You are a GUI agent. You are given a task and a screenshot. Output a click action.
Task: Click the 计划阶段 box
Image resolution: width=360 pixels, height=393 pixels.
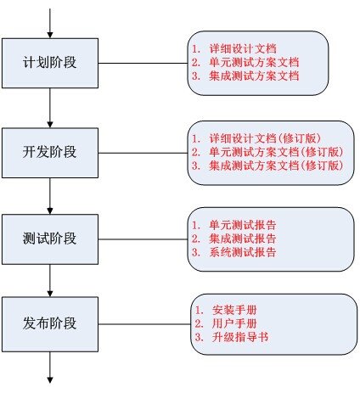coord(50,63)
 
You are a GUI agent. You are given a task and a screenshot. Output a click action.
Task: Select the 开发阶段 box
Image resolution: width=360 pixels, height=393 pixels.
coord(50,153)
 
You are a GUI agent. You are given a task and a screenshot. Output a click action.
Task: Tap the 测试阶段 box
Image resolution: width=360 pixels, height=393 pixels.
coord(50,239)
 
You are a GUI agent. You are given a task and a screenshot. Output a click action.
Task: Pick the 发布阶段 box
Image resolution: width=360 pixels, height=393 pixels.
coord(50,324)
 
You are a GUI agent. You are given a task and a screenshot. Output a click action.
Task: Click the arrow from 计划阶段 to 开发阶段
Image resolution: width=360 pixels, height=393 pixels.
coord(50,108)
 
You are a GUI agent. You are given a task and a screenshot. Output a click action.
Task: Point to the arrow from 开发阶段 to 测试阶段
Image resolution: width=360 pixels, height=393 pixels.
coord(50,196)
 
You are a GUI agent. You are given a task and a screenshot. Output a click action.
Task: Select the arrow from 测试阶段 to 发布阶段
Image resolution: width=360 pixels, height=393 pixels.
coord(50,281)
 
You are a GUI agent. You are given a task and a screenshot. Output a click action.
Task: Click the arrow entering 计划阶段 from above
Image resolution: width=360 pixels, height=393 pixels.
coord(50,23)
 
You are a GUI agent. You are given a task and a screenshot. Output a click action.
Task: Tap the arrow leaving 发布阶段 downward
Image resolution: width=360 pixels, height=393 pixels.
coord(50,368)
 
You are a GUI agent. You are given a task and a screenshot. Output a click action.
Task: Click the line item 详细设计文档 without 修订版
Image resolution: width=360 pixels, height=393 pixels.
coord(234,48)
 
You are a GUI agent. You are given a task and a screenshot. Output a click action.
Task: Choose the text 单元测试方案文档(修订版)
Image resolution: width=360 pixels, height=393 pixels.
coord(267,152)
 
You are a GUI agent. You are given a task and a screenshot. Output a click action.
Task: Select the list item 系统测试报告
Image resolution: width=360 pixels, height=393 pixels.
coord(234,252)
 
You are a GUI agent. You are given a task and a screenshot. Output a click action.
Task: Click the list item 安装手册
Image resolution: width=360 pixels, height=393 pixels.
coord(226,310)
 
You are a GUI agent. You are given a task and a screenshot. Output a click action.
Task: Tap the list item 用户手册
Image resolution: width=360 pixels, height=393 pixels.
coord(226,323)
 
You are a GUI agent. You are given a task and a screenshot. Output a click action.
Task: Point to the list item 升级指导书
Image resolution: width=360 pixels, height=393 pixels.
coord(232,337)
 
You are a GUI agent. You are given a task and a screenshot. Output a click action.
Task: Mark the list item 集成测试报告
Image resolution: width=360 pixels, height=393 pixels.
coord(234,239)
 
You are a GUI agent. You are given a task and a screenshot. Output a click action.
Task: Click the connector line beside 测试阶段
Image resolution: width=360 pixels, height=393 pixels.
coord(143,239)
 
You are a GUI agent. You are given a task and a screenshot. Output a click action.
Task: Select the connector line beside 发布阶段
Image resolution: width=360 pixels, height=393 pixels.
coord(144,324)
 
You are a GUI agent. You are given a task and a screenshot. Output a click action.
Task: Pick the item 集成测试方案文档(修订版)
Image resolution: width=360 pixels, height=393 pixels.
coord(267,166)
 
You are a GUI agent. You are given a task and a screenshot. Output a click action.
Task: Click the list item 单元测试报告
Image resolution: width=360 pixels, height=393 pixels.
coord(234,225)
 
